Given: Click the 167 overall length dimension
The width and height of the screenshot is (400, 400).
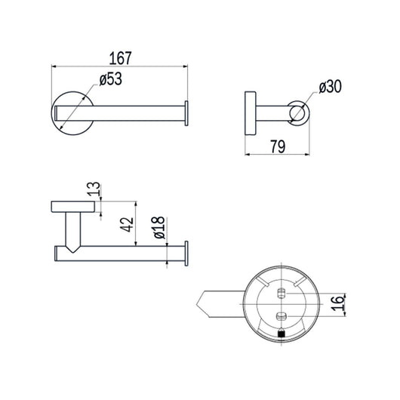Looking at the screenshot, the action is click(x=120, y=58).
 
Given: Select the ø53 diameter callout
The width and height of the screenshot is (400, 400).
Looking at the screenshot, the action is click(x=111, y=79).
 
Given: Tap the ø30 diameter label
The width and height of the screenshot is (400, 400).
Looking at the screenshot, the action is click(x=330, y=87).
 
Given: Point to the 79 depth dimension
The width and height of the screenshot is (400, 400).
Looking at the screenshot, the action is click(x=278, y=146).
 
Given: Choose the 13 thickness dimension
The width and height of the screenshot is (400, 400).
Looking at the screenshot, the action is click(x=94, y=189).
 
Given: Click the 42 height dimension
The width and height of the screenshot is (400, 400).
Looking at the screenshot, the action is click(x=127, y=224).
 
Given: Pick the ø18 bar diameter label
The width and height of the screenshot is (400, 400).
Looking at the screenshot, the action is click(x=159, y=228).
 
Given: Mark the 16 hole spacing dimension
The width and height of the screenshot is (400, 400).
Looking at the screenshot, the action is click(x=337, y=303).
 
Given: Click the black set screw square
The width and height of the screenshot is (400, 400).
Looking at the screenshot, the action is click(x=281, y=334).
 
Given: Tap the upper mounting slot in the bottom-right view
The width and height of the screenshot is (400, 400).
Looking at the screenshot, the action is click(x=281, y=293).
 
